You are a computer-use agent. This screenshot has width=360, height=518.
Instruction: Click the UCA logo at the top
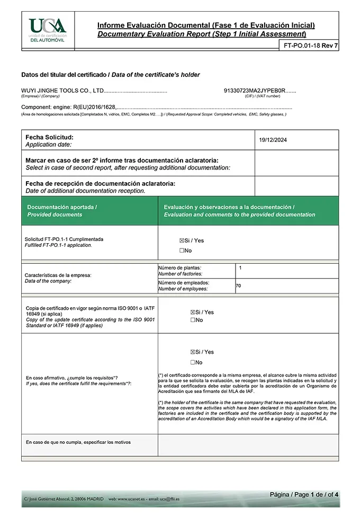point(48,29)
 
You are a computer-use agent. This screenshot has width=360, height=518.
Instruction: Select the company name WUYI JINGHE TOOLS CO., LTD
point(62,91)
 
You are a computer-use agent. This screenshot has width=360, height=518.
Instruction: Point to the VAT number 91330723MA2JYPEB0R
point(255,91)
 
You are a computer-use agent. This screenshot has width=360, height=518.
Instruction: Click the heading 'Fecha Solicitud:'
point(49,137)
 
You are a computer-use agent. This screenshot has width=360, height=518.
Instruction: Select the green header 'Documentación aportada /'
point(62,207)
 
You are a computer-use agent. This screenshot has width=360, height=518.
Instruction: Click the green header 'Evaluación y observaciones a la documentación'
point(229,207)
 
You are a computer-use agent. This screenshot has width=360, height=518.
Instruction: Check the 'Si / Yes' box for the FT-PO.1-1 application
point(182,240)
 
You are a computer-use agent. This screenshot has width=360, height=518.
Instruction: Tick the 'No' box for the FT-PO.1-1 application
point(182,251)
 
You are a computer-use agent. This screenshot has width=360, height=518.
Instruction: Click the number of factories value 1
point(240,268)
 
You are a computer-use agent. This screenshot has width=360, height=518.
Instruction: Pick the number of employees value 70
point(238,286)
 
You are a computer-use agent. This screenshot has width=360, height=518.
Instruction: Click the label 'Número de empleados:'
point(180,283)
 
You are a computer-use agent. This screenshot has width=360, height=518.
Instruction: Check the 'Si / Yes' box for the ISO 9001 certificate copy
point(193,312)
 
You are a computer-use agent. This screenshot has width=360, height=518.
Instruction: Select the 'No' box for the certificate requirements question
point(193,363)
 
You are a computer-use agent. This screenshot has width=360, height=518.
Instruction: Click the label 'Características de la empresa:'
point(58,275)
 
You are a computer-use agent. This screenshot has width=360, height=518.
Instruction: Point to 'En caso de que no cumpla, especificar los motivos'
point(78,442)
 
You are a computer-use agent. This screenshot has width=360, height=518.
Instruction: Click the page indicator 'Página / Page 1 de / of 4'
point(304,494)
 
